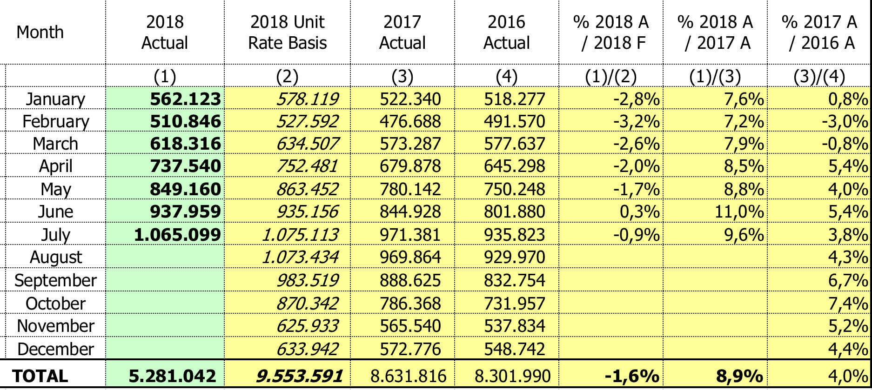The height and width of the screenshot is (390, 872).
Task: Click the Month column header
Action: [40, 32]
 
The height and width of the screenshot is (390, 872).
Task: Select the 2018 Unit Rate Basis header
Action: [287, 32]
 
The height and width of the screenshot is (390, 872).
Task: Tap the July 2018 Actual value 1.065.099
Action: [177, 234]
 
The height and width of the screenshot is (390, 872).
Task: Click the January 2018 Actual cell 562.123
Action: [185, 99]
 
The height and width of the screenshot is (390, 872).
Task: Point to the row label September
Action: [55, 280]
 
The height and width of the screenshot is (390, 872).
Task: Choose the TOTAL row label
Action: [40, 376]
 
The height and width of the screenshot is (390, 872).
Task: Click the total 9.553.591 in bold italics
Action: [299, 376]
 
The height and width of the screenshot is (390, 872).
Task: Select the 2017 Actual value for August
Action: [410, 257]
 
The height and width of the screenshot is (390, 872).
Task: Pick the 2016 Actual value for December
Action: [514, 349]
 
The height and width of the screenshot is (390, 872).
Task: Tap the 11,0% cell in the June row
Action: [739, 212]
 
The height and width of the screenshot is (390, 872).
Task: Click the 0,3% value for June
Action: [639, 212]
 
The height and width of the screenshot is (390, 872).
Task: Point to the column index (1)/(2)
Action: [610, 76]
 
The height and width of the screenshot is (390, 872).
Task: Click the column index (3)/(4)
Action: [819, 76]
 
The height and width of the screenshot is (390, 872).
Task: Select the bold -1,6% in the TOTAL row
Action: [631, 376]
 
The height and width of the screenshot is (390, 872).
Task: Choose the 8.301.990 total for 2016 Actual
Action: [512, 376]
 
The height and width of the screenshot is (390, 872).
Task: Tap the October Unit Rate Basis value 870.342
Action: [307, 304]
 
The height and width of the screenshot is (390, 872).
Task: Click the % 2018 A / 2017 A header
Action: [715, 32]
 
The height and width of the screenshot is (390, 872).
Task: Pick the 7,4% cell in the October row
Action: [848, 304]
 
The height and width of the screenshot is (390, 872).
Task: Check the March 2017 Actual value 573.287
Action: [410, 144]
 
